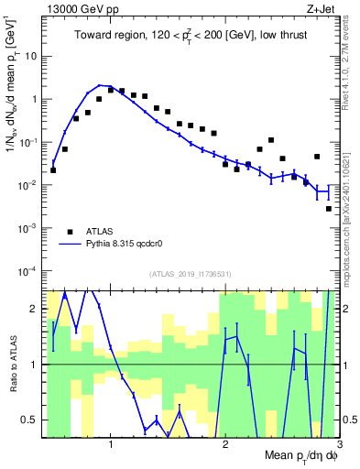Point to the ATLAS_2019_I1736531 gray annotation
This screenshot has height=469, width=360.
[191, 274]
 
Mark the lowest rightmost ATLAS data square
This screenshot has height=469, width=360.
[329, 209]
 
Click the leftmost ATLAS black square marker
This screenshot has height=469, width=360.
[53, 169]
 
